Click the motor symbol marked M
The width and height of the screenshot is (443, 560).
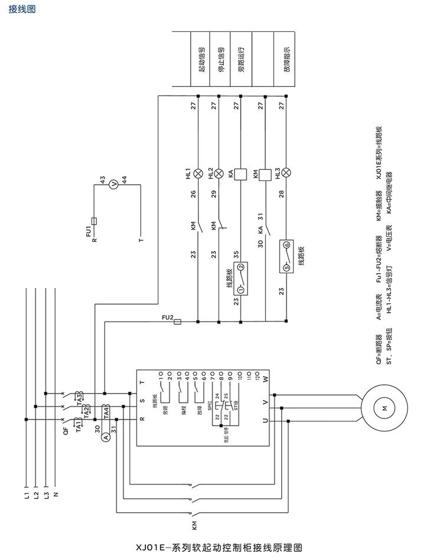click(383, 408)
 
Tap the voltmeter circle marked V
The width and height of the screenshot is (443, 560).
click(116, 184)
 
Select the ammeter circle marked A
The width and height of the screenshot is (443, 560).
click(105, 437)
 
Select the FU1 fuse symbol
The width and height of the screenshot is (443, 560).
click(95, 220)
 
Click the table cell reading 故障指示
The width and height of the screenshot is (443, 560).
click(286, 59)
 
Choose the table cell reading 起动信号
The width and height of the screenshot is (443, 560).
click(201, 59)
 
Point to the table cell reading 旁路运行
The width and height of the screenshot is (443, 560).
click(241, 59)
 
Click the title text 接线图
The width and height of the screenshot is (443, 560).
click(22, 10)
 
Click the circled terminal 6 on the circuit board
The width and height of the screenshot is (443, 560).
click(286, 244)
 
